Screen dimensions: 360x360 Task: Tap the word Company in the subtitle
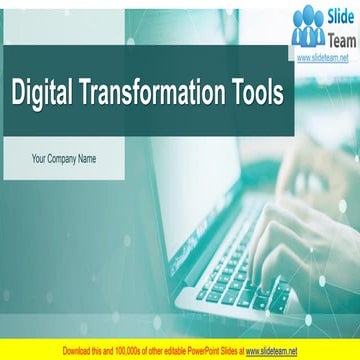pos(67,158)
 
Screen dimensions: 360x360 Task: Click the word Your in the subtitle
pos(41,158)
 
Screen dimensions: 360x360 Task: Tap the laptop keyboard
pos(235,270)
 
